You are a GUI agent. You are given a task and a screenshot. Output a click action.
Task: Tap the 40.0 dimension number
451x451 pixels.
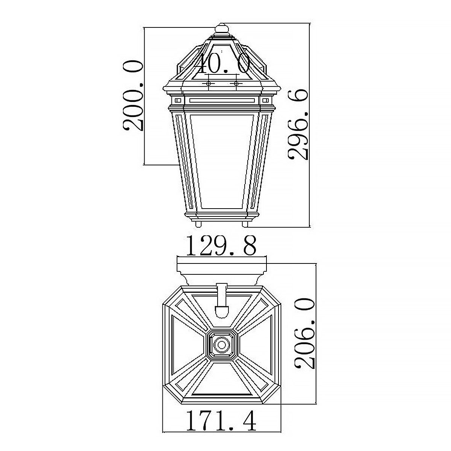(x=222, y=64)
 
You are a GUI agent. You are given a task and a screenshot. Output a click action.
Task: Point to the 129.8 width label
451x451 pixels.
(x=221, y=246)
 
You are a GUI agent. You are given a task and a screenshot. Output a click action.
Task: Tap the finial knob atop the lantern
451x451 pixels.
(x=222, y=29)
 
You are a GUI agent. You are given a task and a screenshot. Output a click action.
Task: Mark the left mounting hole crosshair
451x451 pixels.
(x=209, y=83)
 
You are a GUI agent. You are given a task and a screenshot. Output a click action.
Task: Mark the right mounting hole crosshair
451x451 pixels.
(x=236, y=83)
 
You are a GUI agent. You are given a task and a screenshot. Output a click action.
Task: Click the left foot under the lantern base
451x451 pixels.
(x=198, y=224)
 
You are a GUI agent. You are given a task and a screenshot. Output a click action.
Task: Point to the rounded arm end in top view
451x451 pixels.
(x=221, y=311)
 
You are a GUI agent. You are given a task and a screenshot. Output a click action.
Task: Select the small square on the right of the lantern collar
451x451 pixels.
(x=265, y=100)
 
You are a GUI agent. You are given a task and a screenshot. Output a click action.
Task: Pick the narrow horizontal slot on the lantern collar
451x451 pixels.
(x=222, y=100)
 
